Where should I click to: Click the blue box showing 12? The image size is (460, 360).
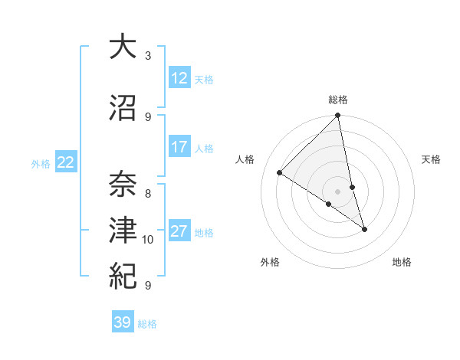click(x=179, y=78)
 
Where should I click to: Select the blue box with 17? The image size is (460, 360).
click(x=179, y=147)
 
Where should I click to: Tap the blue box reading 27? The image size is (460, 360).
click(x=179, y=231)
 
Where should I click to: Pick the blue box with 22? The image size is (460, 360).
click(x=66, y=162)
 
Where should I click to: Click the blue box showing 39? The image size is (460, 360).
click(x=123, y=322)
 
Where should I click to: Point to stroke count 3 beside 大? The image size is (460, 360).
click(x=148, y=55)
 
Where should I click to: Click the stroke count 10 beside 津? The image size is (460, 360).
click(x=148, y=240)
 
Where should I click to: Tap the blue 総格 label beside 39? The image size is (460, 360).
click(x=147, y=324)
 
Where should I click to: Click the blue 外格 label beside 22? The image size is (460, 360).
click(x=41, y=163)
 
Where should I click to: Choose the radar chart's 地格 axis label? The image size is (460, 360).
click(x=402, y=263)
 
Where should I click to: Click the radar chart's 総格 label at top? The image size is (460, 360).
click(x=338, y=100)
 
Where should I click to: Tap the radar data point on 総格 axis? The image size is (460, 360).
click(x=337, y=116)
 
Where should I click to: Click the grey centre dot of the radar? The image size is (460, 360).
click(x=337, y=191)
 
